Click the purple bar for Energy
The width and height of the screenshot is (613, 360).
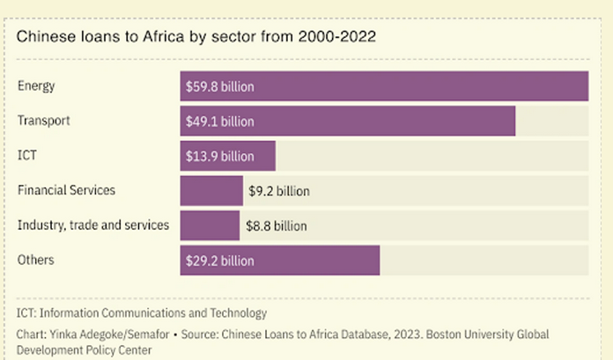[x=384, y=86]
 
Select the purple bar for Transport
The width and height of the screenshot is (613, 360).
[x=348, y=121]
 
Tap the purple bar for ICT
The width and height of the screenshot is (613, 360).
[x=228, y=156]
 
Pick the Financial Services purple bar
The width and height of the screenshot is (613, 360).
[x=211, y=190]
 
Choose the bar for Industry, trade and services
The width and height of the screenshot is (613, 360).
[x=210, y=225]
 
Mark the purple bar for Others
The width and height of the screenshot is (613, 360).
[x=280, y=261]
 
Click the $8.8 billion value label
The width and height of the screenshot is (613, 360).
[x=276, y=226]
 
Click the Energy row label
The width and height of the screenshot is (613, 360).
[x=36, y=85]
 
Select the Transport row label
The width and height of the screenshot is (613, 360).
[x=43, y=120]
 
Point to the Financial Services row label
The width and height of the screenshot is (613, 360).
[x=66, y=189]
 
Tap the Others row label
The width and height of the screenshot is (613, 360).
[x=35, y=260]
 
